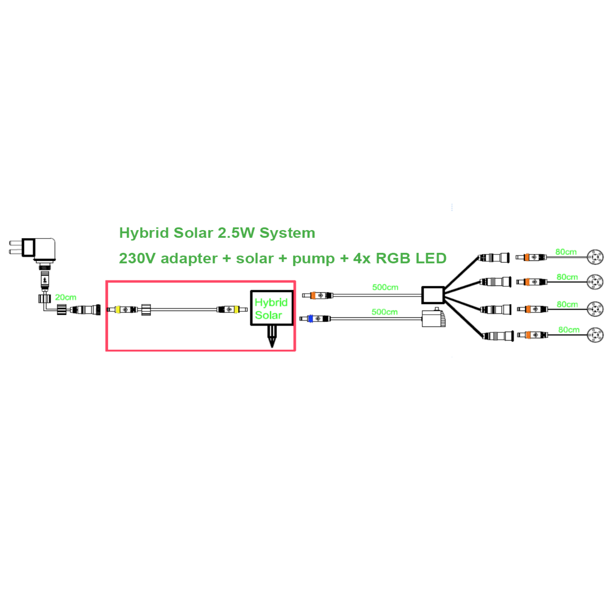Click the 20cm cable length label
[65, 297]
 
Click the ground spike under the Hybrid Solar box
[272, 337]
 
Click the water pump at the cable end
[433, 318]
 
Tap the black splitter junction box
[433, 295]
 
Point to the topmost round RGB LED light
[595, 257]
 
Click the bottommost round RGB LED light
[595, 335]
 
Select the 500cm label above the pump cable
[384, 312]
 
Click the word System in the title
[287, 233]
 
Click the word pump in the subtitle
[313, 259]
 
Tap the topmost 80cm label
[566, 252]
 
